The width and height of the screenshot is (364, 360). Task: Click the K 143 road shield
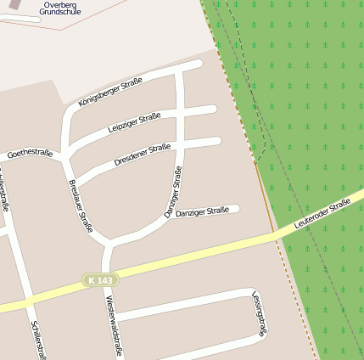tap(100, 279)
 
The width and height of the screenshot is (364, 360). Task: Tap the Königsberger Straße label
tap(110, 92)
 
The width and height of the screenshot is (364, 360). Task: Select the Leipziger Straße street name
tap(134, 122)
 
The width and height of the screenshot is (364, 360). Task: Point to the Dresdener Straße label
tap(142, 154)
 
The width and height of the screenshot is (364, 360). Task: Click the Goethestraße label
tap(30, 155)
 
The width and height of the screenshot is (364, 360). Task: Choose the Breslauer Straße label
tap(80, 205)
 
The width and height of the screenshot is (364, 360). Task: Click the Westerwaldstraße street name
tap(111, 326)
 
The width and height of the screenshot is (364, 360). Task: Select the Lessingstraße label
tap(259, 313)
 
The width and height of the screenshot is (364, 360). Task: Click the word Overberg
tap(59, 4)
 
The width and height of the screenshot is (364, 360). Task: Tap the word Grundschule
tap(60, 13)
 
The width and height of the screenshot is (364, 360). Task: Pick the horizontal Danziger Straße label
tap(202, 211)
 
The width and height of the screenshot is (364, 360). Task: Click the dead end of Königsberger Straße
tap(199, 64)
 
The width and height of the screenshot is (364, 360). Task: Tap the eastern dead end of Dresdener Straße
tap(217, 141)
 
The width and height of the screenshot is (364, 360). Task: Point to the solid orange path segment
tap(265, 197)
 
